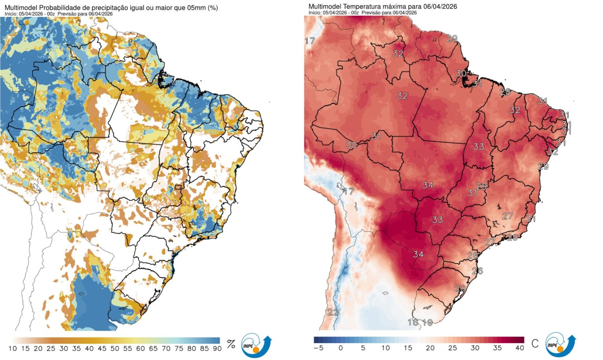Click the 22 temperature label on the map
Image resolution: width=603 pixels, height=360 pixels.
[333, 312]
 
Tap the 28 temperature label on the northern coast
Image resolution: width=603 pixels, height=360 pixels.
[505, 92]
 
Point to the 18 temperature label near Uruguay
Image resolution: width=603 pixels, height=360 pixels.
[413, 322]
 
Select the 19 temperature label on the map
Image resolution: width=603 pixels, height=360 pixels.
[428, 323]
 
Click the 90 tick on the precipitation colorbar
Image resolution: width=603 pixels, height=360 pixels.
[217, 348]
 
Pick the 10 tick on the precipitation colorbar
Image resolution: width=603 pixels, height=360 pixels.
[13, 348]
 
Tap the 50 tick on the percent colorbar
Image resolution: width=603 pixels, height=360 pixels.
[115, 348]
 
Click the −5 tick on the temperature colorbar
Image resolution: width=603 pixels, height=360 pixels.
[318, 348]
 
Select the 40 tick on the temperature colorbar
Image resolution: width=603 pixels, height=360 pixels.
[519, 348]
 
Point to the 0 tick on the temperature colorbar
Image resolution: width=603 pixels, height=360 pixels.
[340, 348]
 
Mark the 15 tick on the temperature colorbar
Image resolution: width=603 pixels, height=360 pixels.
[408, 348]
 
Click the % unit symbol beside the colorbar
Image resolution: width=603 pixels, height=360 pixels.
[231, 344]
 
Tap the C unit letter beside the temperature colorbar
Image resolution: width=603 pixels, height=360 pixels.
[535, 344]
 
